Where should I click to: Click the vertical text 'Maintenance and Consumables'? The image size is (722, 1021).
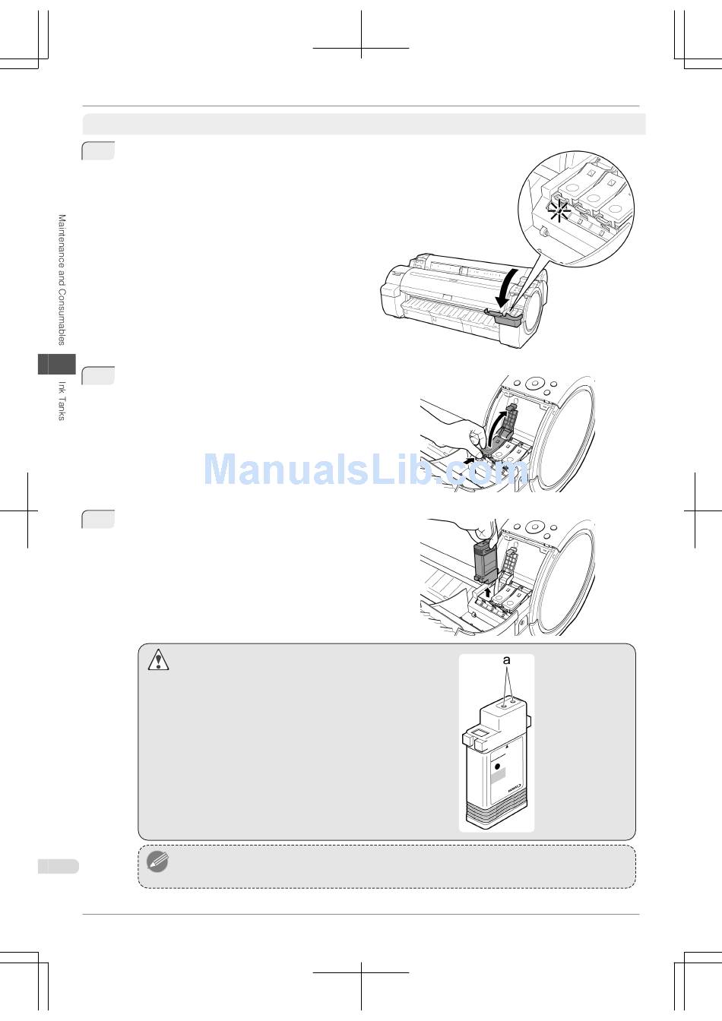(62, 280)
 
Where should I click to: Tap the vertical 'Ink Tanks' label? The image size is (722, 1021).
(62, 400)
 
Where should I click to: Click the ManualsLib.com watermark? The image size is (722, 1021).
(366, 469)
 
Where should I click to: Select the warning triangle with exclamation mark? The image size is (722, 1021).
(158, 659)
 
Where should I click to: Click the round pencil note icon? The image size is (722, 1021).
(157, 862)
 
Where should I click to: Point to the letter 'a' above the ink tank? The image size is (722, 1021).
(506, 659)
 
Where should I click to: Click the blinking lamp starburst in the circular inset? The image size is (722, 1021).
(559, 212)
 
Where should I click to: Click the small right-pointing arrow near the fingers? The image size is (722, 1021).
(471, 461)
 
